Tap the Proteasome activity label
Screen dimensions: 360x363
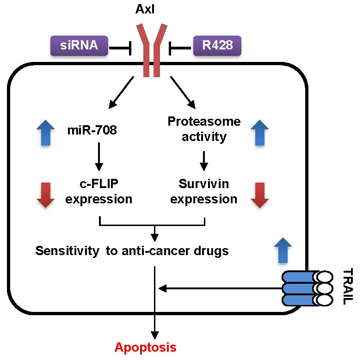(x=204, y=129)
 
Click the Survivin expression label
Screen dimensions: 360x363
(x=204, y=191)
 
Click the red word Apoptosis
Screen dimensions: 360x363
(x=145, y=347)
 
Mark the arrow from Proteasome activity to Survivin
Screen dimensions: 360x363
(x=204, y=160)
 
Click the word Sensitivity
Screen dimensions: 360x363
(x=64, y=251)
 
